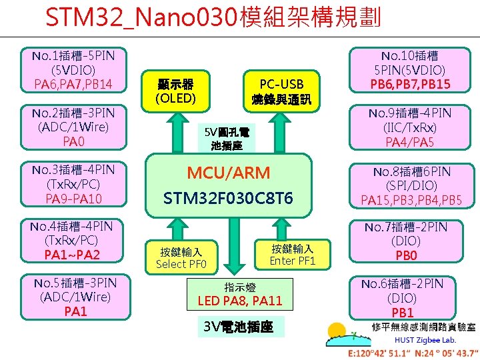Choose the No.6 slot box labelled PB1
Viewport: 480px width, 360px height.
[x=402, y=298]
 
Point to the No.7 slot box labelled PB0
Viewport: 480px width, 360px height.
[x=402, y=241]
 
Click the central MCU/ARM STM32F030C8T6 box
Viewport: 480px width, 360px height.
[x=229, y=185]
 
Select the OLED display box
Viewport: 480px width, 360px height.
[x=175, y=91]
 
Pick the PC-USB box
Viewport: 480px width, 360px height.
[x=281, y=91]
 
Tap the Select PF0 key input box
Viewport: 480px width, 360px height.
[x=181, y=257]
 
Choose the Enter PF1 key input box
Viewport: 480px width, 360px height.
[x=291, y=253]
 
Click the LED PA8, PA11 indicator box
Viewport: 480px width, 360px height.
[x=240, y=295]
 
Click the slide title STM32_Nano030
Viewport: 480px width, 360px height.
[x=213, y=17]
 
